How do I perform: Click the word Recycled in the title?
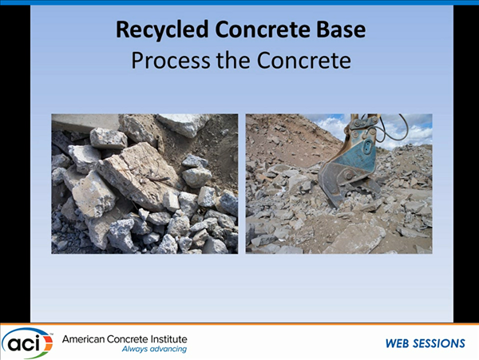162,30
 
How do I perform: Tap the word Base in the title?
341,30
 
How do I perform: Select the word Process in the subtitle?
171,60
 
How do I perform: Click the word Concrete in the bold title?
263,30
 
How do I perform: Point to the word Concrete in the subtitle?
303,60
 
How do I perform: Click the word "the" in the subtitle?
233,60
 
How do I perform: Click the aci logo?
27,343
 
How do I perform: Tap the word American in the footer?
83,339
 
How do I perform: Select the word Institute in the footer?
169,339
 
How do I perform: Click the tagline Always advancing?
154,349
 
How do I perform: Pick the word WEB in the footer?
397,343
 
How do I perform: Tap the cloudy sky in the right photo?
406,129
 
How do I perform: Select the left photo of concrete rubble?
144,184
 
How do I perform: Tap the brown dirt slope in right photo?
284,137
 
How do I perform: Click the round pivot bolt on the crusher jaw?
348,176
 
